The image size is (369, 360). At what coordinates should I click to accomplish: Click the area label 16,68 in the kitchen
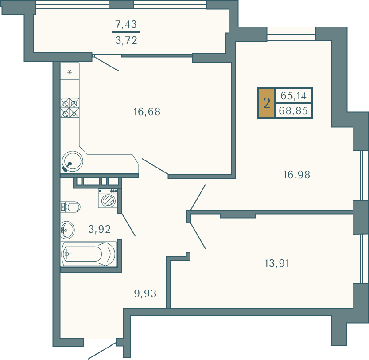147,112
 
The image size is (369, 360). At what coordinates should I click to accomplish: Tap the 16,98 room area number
297,175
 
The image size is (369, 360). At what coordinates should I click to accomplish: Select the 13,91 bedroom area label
277,263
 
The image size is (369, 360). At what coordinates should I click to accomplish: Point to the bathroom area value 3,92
100,229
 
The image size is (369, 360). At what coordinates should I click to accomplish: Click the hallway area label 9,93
145,293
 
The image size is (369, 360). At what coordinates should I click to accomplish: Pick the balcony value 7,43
126,24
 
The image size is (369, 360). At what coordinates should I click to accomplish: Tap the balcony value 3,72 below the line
126,40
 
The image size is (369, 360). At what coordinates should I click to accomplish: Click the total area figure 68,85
293,110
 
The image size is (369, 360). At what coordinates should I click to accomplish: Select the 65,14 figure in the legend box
293,96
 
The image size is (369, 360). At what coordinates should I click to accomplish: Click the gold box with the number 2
267,103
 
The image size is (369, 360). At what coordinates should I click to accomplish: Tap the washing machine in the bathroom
108,198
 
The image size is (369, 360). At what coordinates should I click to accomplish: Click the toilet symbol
70,207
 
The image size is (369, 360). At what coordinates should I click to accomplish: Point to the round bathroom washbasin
67,230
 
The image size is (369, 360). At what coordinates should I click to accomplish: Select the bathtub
89,254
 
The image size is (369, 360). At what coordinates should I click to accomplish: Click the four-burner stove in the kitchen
70,108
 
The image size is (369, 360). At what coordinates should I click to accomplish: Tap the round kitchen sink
72,161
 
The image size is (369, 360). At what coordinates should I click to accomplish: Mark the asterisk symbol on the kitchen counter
70,72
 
